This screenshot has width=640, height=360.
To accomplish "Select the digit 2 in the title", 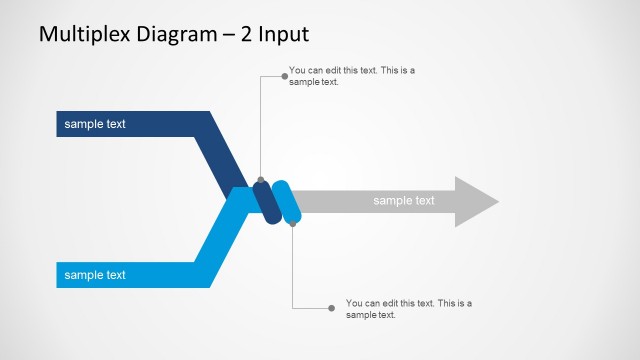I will point(246,34).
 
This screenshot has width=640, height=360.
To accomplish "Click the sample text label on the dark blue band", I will point(95,124).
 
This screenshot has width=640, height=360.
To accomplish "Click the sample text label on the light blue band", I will point(95,274).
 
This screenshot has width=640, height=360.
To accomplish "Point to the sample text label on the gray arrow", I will point(404,201).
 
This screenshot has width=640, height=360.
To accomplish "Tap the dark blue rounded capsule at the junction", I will point(265,202).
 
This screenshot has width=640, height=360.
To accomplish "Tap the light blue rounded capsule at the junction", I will point(287,202).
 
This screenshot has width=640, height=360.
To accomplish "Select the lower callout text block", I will point(408,308).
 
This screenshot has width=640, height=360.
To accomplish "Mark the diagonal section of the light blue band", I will point(220,235).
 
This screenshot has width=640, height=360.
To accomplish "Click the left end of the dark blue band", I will point(60,124).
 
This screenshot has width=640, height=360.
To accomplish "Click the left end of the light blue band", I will point(60,274).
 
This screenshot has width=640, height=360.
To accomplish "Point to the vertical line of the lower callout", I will point(293,265).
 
